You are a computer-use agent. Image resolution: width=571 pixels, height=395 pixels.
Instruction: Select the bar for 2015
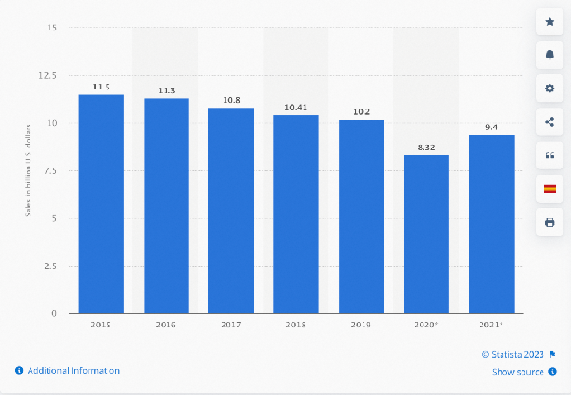[x=101, y=204]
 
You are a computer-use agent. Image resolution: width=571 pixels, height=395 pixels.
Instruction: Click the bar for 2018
[x=296, y=214]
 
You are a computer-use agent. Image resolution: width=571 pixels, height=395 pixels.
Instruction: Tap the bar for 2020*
[x=426, y=234]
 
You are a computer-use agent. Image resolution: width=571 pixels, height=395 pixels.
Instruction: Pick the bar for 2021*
[x=491, y=225]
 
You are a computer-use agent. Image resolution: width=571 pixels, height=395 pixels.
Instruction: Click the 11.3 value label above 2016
[x=166, y=90]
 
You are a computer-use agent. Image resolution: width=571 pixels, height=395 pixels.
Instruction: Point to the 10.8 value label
[x=231, y=100]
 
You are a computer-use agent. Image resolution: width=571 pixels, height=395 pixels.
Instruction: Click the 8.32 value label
[x=426, y=148]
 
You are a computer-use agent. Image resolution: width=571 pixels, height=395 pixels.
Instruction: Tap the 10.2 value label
[x=361, y=111]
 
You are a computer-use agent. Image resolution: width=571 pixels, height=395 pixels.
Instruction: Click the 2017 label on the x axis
[x=231, y=326]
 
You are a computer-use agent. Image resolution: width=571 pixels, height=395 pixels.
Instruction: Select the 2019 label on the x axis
[x=361, y=326]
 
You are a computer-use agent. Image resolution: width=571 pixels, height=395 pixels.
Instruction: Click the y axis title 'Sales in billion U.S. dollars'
[x=28, y=171]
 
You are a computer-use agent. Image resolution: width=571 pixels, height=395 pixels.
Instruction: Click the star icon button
[x=549, y=21]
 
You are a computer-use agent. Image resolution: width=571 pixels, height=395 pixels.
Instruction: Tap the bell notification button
[x=549, y=54]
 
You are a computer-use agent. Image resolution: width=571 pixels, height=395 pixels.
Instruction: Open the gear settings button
[x=549, y=88]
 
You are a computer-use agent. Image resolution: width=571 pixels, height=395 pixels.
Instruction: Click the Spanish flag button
[x=549, y=188]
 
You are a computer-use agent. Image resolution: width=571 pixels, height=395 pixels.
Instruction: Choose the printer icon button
[x=549, y=222]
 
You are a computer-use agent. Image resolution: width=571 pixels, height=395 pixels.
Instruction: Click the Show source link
[x=518, y=372]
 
